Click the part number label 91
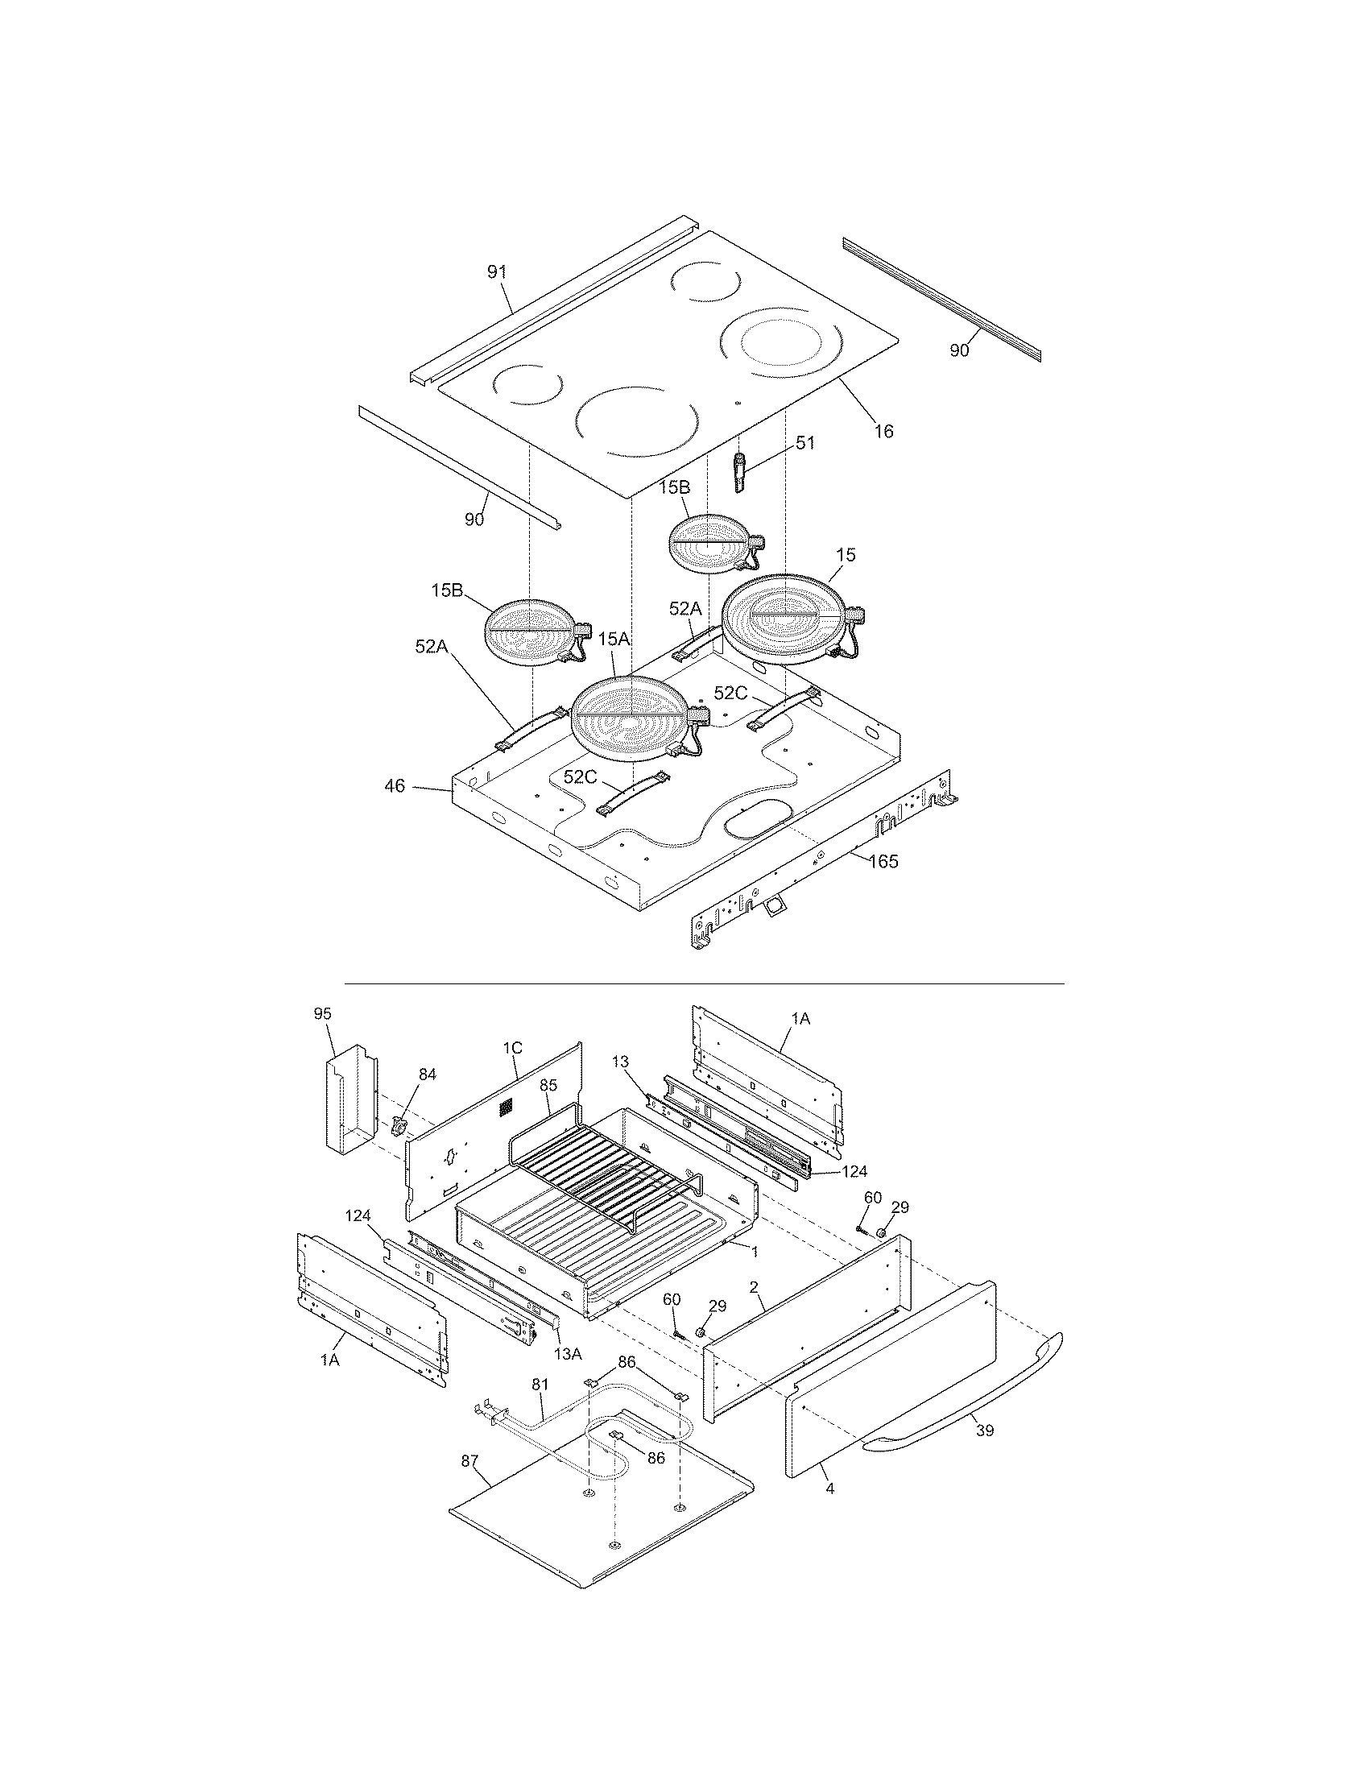pyautogui.click(x=496, y=271)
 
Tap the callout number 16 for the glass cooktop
pyautogui.click(x=884, y=431)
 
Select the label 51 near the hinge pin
pyautogui.click(x=805, y=443)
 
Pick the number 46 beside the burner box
pyautogui.click(x=394, y=786)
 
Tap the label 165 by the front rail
pyautogui.click(x=884, y=861)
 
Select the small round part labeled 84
pyautogui.click(x=399, y=1127)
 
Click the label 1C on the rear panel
pyautogui.click(x=512, y=1047)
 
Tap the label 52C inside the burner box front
pyautogui.click(x=581, y=776)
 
